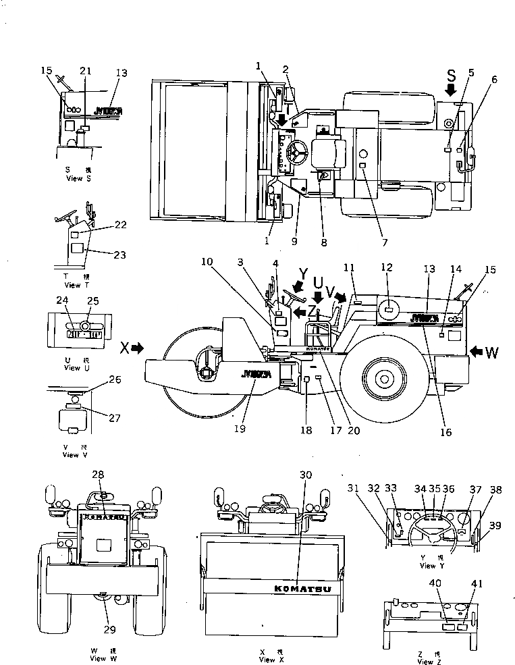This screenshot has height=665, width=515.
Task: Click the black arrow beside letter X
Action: point(138,348)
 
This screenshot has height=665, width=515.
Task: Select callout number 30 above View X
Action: point(306,475)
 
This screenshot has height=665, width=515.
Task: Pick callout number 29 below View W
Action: point(110,629)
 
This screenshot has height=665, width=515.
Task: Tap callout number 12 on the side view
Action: point(387,268)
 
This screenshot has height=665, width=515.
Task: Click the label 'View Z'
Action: point(425,662)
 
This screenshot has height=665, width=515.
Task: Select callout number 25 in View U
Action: point(93,300)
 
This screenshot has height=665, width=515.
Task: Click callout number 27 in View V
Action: point(115,418)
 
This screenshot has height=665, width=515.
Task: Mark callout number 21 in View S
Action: point(85,71)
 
